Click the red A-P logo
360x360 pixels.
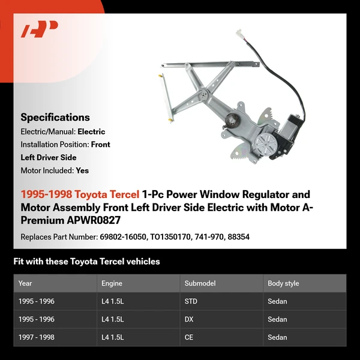[x=40, y=29]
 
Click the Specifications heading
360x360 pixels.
[x=55, y=118]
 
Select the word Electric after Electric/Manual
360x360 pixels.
[x=91, y=131]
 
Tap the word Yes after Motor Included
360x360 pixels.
[x=82, y=170]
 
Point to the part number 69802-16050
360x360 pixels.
[x=124, y=237]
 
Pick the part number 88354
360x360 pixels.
[x=238, y=237]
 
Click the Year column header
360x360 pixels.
[x=25, y=283]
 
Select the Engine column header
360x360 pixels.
[x=112, y=283]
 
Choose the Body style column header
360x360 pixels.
[x=283, y=283]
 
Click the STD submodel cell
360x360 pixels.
[x=191, y=301]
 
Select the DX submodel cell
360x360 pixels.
[x=189, y=319]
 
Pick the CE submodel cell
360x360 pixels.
[x=189, y=337]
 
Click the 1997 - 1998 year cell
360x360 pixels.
[x=36, y=337]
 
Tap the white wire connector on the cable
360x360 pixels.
[x=239, y=33]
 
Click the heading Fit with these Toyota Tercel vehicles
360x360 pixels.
[x=86, y=262]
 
